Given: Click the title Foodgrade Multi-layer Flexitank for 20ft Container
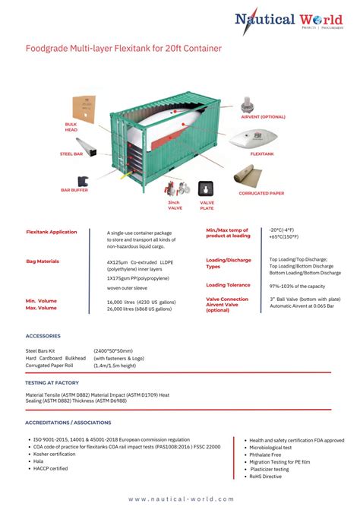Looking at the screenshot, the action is [x=124, y=49].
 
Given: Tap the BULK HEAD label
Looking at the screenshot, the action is [x=71, y=126].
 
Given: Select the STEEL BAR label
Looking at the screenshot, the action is [x=71, y=154].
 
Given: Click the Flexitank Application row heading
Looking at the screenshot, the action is [x=52, y=232].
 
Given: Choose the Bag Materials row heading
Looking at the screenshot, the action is [x=43, y=261].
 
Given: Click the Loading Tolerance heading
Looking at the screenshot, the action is [x=228, y=285].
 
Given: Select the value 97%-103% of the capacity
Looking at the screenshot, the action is [x=297, y=286].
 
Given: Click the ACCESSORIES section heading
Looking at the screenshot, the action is [x=44, y=335].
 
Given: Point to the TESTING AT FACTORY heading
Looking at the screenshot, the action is [x=51, y=382].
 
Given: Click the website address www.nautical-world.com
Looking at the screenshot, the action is [x=181, y=499].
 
